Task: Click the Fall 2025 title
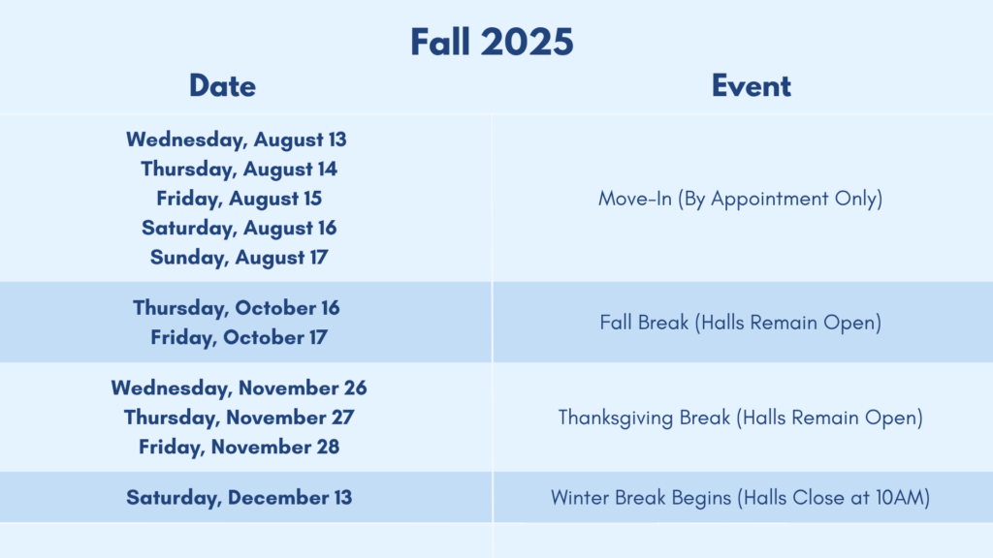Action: pyautogui.click(x=492, y=42)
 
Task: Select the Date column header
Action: pyautogui.click(x=222, y=86)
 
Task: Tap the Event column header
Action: pyautogui.click(x=752, y=86)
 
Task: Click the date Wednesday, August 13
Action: pyautogui.click(x=237, y=139)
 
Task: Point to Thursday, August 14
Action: pyautogui.click(x=239, y=169)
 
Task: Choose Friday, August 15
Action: pyautogui.click(x=240, y=199)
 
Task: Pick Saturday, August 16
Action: pyautogui.click(x=239, y=228)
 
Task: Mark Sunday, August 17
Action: pyautogui.click(x=239, y=258)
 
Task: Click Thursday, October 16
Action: pyautogui.click(x=237, y=308)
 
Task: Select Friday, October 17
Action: pyautogui.click(x=239, y=337)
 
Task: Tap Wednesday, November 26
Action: pyautogui.click(x=239, y=387)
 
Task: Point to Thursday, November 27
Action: pyautogui.click(x=239, y=418)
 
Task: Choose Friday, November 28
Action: pyautogui.click(x=239, y=447)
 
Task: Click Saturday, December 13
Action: pyautogui.click(x=239, y=497)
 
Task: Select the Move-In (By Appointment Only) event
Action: pyautogui.click(x=740, y=199)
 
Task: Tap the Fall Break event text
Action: pyautogui.click(x=740, y=323)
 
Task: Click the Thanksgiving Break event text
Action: pyautogui.click(x=740, y=418)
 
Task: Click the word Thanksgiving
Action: pyautogui.click(x=616, y=418)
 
